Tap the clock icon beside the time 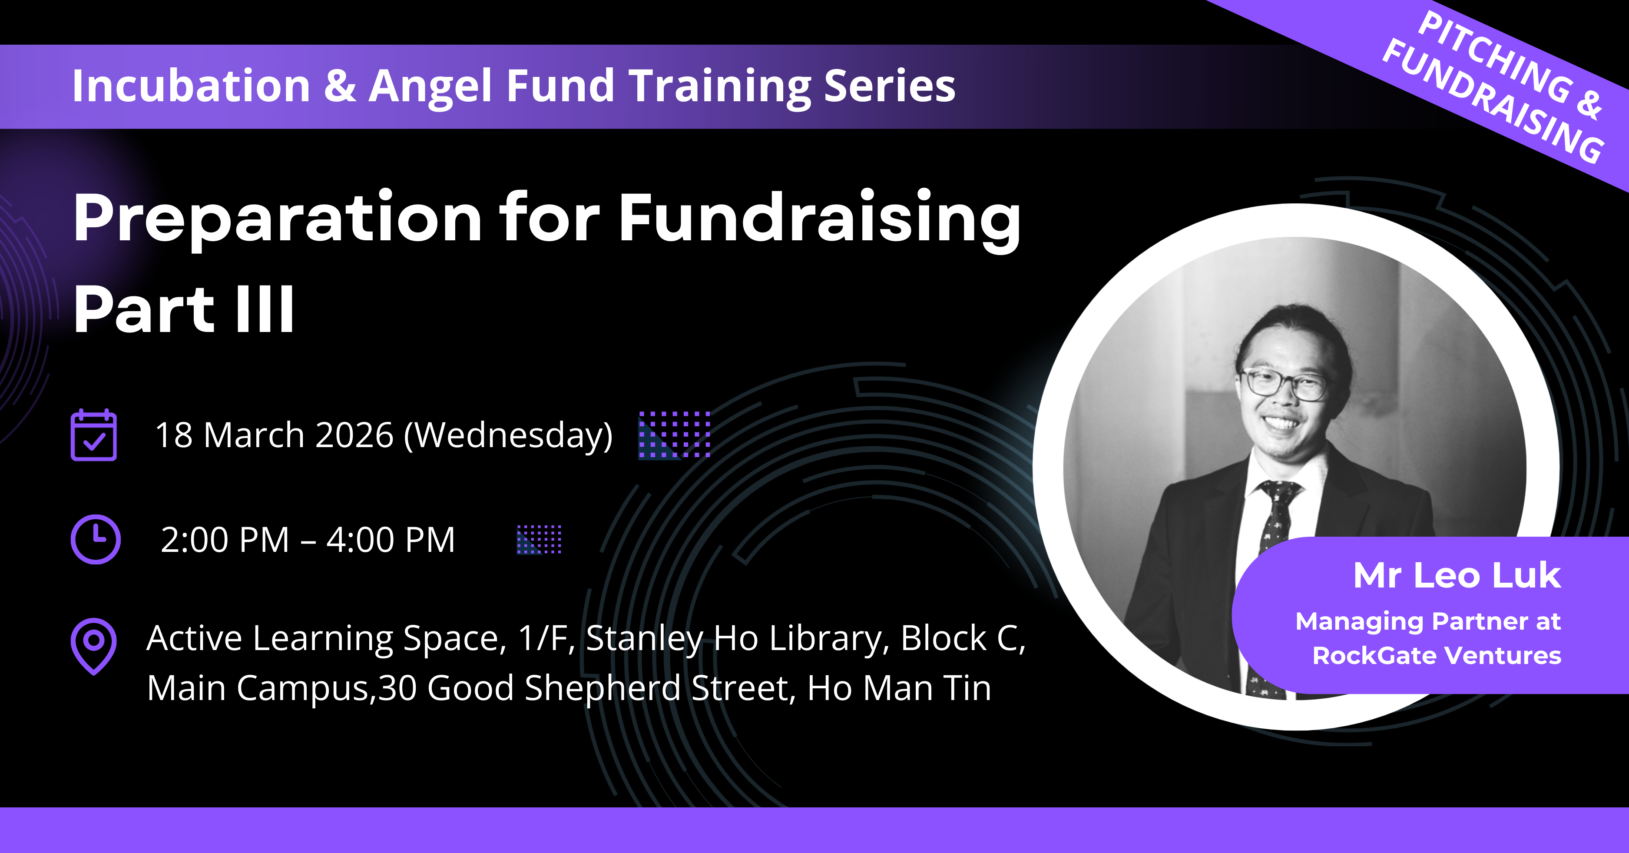pyautogui.click(x=96, y=539)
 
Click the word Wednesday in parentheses pyautogui.click(x=508, y=436)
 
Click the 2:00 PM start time pyautogui.click(x=225, y=540)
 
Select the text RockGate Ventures pyautogui.click(x=1437, y=656)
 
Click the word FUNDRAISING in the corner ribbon pyautogui.click(x=1493, y=101)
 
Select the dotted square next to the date pyautogui.click(x=674, y=434)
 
